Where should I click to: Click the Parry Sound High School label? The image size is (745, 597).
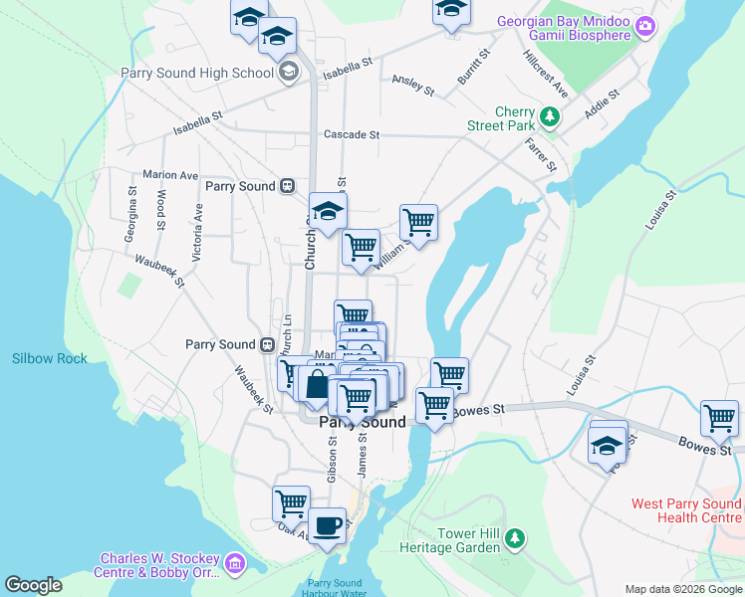pos(196,73)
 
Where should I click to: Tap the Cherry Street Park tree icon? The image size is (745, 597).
pos(547,118)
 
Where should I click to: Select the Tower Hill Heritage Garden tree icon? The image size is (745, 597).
pos(514,539)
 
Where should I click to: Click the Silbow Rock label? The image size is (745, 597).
pos(49,358)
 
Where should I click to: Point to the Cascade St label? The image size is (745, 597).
pos(352,134)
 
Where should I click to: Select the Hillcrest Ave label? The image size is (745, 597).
pos(546,73)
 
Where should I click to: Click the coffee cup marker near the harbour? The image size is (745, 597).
pos(326,523)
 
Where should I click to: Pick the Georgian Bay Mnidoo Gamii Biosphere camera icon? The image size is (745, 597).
pos(645,24)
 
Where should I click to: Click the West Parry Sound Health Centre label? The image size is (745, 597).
pos(686,511)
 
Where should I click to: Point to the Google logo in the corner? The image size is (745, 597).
pos(33,585)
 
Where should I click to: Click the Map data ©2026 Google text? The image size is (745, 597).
pos(683,589)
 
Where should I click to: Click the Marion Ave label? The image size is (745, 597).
pos(170,174)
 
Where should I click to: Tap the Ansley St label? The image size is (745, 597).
pos(413,86)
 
